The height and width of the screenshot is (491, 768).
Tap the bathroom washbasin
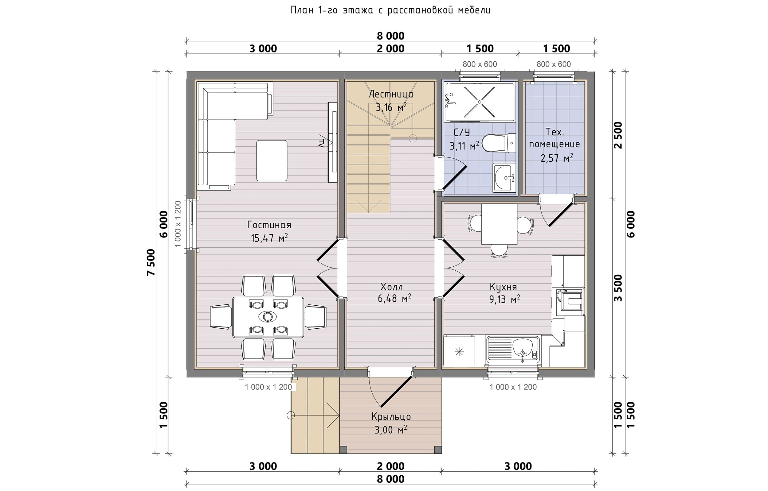pos(504,178)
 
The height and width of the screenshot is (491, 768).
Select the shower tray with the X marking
pos(480,102)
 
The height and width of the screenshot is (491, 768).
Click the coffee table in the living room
pos(272,161)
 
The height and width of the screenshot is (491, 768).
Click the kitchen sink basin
pos(523,348)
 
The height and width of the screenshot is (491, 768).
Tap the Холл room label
pos(391,287)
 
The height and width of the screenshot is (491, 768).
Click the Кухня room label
pos(503,287)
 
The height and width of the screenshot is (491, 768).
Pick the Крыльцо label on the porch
pos(391,417)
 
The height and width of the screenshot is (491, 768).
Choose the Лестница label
pos(391,94)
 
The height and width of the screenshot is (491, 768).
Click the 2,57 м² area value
pos(556,157)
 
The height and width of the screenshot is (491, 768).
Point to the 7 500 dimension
pos(151,262)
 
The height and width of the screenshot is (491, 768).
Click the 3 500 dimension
pos(618,288)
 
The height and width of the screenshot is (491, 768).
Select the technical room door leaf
pos(561,214)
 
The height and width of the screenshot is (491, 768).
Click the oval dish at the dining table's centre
pos(268,317)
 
